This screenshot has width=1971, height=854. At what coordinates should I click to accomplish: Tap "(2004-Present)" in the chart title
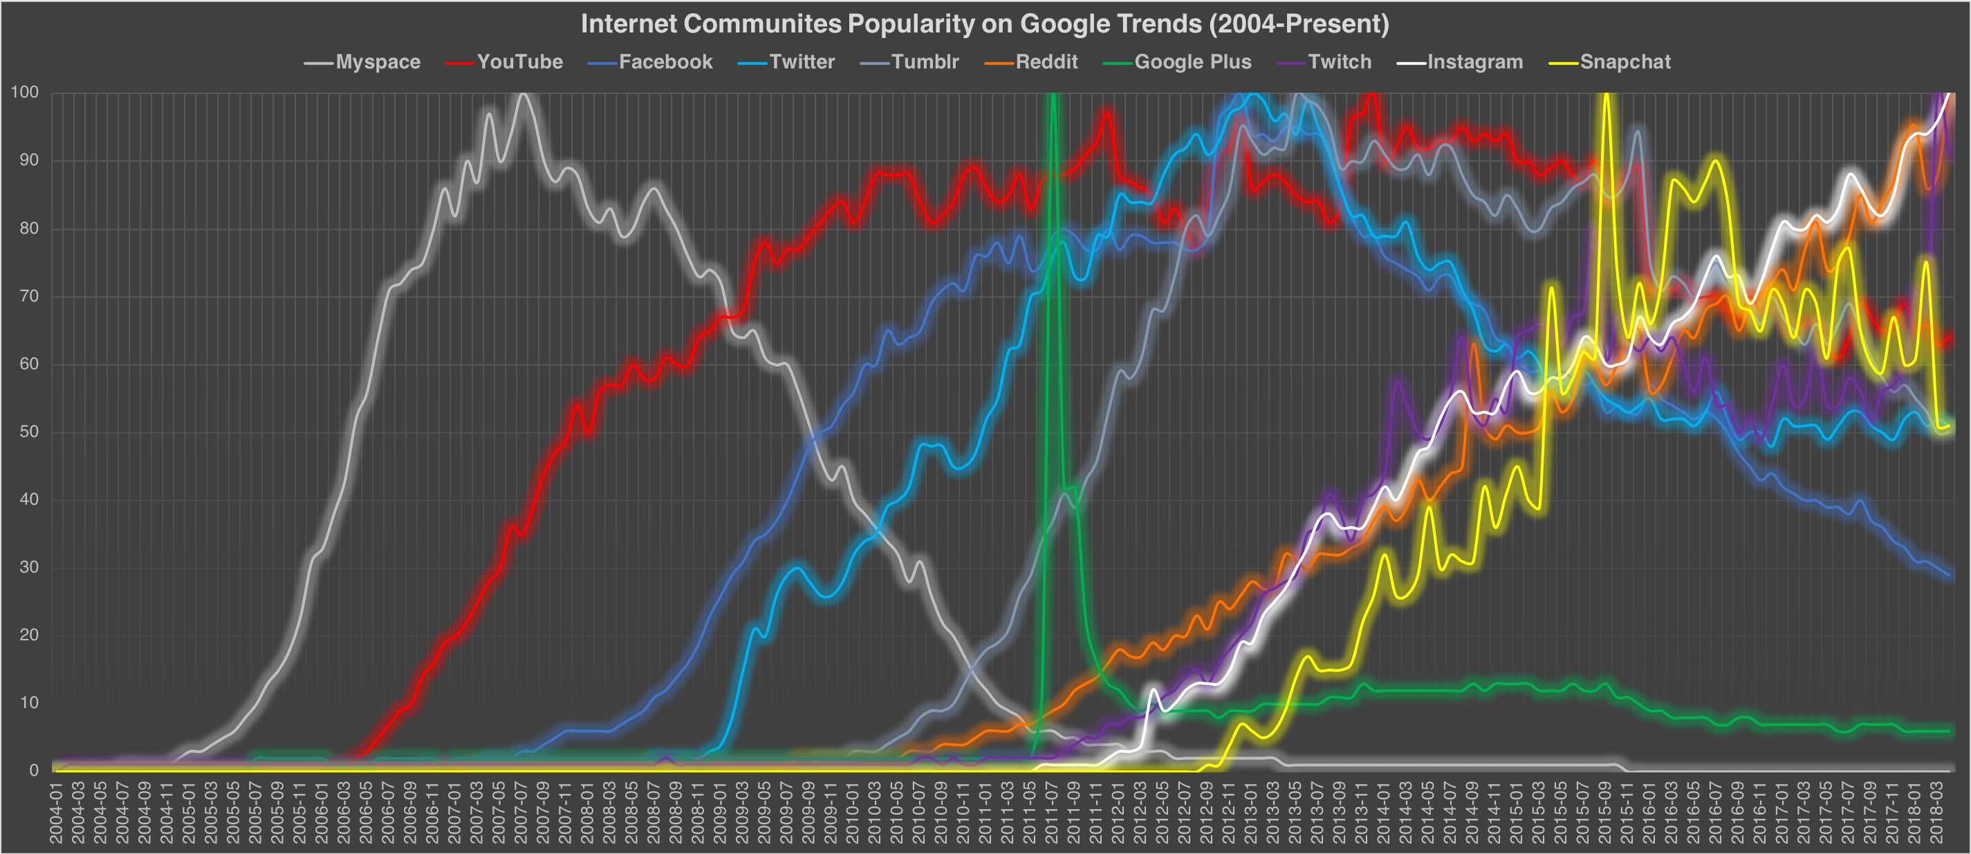point(1299,24)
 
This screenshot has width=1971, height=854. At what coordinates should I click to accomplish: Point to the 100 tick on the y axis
point(24,93)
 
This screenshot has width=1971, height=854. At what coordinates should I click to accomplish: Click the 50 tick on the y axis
point(28,431)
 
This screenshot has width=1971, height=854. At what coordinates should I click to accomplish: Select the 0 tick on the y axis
point(33,770)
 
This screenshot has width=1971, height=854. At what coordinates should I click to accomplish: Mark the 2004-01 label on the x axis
point(56,813)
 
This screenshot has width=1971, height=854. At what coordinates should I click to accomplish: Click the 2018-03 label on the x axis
point(1936,813)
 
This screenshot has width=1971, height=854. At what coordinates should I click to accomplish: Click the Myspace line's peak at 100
point(523,94)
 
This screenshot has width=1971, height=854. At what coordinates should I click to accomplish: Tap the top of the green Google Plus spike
point(1053,95)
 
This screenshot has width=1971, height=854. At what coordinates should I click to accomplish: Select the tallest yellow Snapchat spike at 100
point(1606,95)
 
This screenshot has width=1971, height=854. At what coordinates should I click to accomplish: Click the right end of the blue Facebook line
point(1950,575)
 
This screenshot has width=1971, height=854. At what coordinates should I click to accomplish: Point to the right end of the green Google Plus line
point(1950,732)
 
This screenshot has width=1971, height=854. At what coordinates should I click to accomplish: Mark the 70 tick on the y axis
point(28,296)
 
